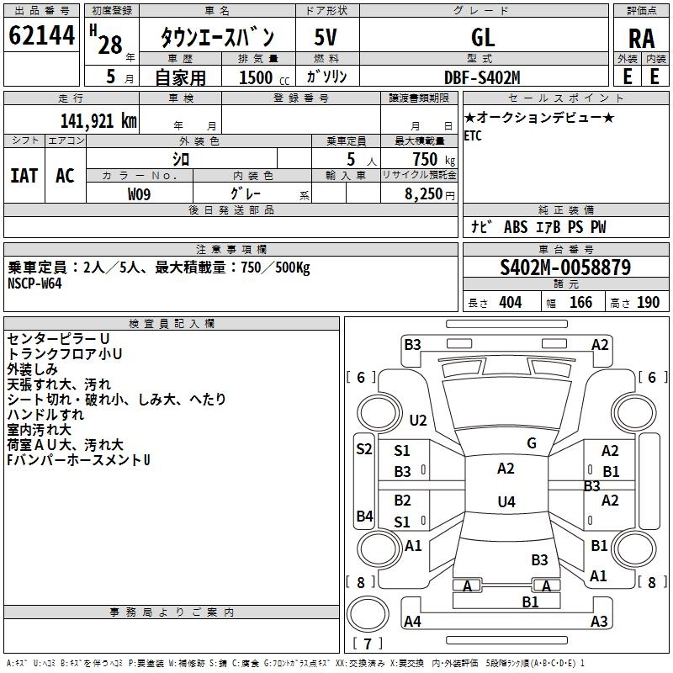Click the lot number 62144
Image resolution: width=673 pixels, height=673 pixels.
pyautogui.click(x=41, y=35)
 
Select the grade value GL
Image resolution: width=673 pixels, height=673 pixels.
pyautogui.click(x=483, y=37)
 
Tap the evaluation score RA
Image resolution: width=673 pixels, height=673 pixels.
pyautogui.click(x=641, y=39)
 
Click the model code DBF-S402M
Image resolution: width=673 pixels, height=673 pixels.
pyautogui.click(x=482, y=77)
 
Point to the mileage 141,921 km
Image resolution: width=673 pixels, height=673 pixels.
pyautogui.click(x=98, y=121)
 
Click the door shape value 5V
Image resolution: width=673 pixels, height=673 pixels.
pyautogui.click(x=326, y=37)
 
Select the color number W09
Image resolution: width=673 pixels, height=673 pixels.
pyautogui.click(x=139, y=194)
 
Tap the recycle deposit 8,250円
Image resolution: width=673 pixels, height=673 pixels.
pyautogui.click(x=430, y=194)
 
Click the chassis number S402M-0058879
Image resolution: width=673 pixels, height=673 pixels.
pyautogui.click(x=565, y=268)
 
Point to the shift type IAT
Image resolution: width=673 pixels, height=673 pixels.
pyautogui.click(x=24, y=176)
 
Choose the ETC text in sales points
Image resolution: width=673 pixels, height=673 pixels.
pyautogui.click(x=473, y=135)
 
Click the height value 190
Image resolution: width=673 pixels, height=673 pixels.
pyautogui.click(x=648, y=303)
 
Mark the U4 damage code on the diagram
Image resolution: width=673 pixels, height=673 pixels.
pyautogui.click(x=506, y=501)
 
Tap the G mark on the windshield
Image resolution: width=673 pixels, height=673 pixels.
pyautogui.click(x=532, y=443)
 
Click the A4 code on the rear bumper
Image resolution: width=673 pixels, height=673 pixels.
pyautogui.click(x=412, y=621)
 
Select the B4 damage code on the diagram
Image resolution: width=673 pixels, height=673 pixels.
pyautogui.click(x=364, y=516)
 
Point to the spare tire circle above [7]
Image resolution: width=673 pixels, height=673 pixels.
pyautogui.click(x=368, y=614)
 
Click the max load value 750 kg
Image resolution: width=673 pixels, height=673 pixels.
pyautogui.click(x=433, y=160)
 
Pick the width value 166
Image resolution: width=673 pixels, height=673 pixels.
pyautogui.click(x=580, y=303)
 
